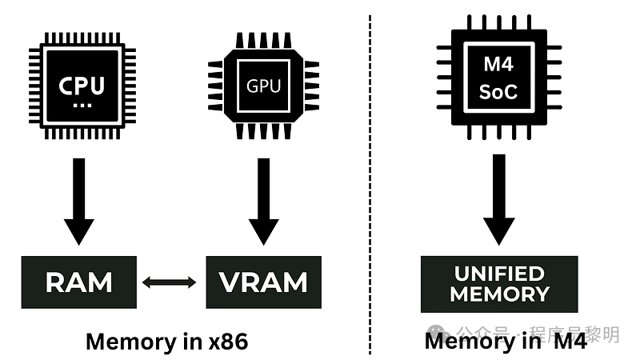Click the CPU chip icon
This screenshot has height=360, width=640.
[82, 85]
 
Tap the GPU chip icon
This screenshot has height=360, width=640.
[263, 85]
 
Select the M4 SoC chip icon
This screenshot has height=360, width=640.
[498, 77]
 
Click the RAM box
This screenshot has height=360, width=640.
[79, 282]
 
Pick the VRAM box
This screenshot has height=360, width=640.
[263, 282]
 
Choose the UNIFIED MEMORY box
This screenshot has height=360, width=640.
[498, 283]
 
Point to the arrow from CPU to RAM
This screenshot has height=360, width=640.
[78, 200]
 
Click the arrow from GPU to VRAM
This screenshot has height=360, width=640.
[263, 200]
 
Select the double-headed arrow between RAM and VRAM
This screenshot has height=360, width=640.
[169, 282]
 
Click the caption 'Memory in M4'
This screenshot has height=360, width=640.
[506, 342]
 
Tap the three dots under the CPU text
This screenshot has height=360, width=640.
[82, 104]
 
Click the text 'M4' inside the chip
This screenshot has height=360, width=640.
[498, 63]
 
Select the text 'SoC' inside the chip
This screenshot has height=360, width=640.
[498, 91]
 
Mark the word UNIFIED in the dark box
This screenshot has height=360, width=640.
[498, 273]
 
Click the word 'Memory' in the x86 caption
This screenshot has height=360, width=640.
[127, 342]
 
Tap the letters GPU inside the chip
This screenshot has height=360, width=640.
[263, 85]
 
